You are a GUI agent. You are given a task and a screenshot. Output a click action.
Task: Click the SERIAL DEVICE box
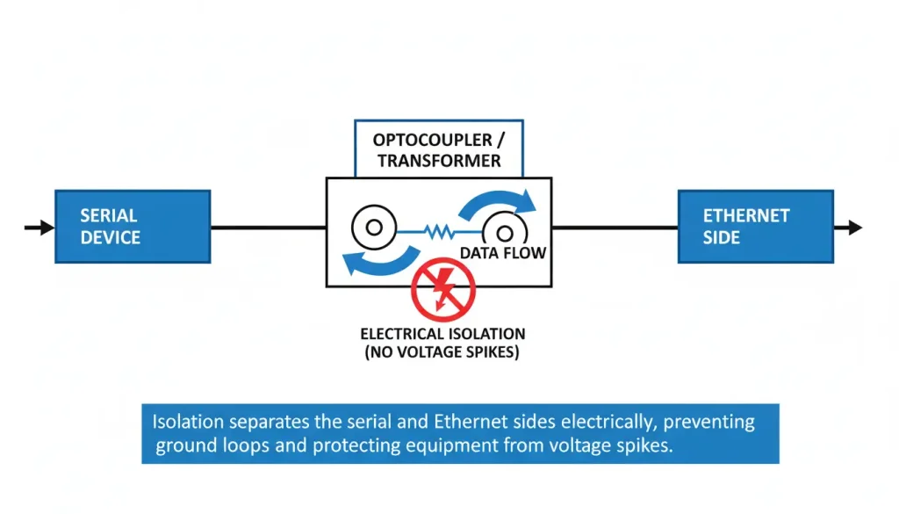[x=133, y=227]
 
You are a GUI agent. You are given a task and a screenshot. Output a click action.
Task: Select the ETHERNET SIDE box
[x=755, y=227]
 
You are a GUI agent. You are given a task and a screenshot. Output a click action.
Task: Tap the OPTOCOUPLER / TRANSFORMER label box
[x=438, y=150]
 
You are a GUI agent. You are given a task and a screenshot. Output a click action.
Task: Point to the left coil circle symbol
[x=374, y=228]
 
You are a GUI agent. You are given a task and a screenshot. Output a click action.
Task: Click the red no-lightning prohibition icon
[x=443, y=289]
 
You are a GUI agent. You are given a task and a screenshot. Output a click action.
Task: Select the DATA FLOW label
[x=503, y=254]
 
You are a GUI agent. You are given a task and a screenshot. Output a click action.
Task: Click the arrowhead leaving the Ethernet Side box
[x=853, y=228]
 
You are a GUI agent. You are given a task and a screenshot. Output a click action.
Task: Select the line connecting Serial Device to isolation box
[x=268, y=228]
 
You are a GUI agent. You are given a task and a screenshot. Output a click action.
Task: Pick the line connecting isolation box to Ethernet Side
[x=615, y=228]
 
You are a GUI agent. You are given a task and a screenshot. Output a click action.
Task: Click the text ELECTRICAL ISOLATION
[x=442, y=334]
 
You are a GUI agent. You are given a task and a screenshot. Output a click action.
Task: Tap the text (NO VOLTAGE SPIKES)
[x=442, y=351]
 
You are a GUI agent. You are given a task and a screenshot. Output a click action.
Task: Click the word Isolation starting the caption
[x=186, y=422]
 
